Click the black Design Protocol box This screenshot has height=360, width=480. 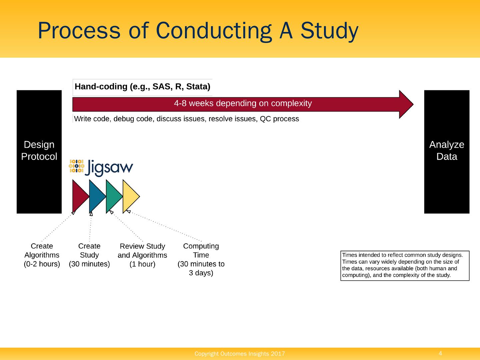click(39, 152)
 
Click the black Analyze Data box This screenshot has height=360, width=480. click(446, 152)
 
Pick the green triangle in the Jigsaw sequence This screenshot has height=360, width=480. click(113, 196)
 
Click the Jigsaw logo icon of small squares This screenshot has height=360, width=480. click(76, 166)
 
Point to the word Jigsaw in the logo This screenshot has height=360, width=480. click(109, 168)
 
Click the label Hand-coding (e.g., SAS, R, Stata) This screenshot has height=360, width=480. click(142, 87)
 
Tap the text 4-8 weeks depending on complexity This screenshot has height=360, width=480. click(243, 103)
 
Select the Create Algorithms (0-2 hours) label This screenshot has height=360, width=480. click(42, 255)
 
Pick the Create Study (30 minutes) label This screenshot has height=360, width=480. click(89, 255)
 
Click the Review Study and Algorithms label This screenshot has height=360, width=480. click(142, 255)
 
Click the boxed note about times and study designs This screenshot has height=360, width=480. click(405, 265)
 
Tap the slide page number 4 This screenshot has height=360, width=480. click(440, 353)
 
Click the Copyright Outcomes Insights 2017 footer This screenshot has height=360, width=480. click(240, 354)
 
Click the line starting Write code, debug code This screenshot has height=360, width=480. click(186, 119)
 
